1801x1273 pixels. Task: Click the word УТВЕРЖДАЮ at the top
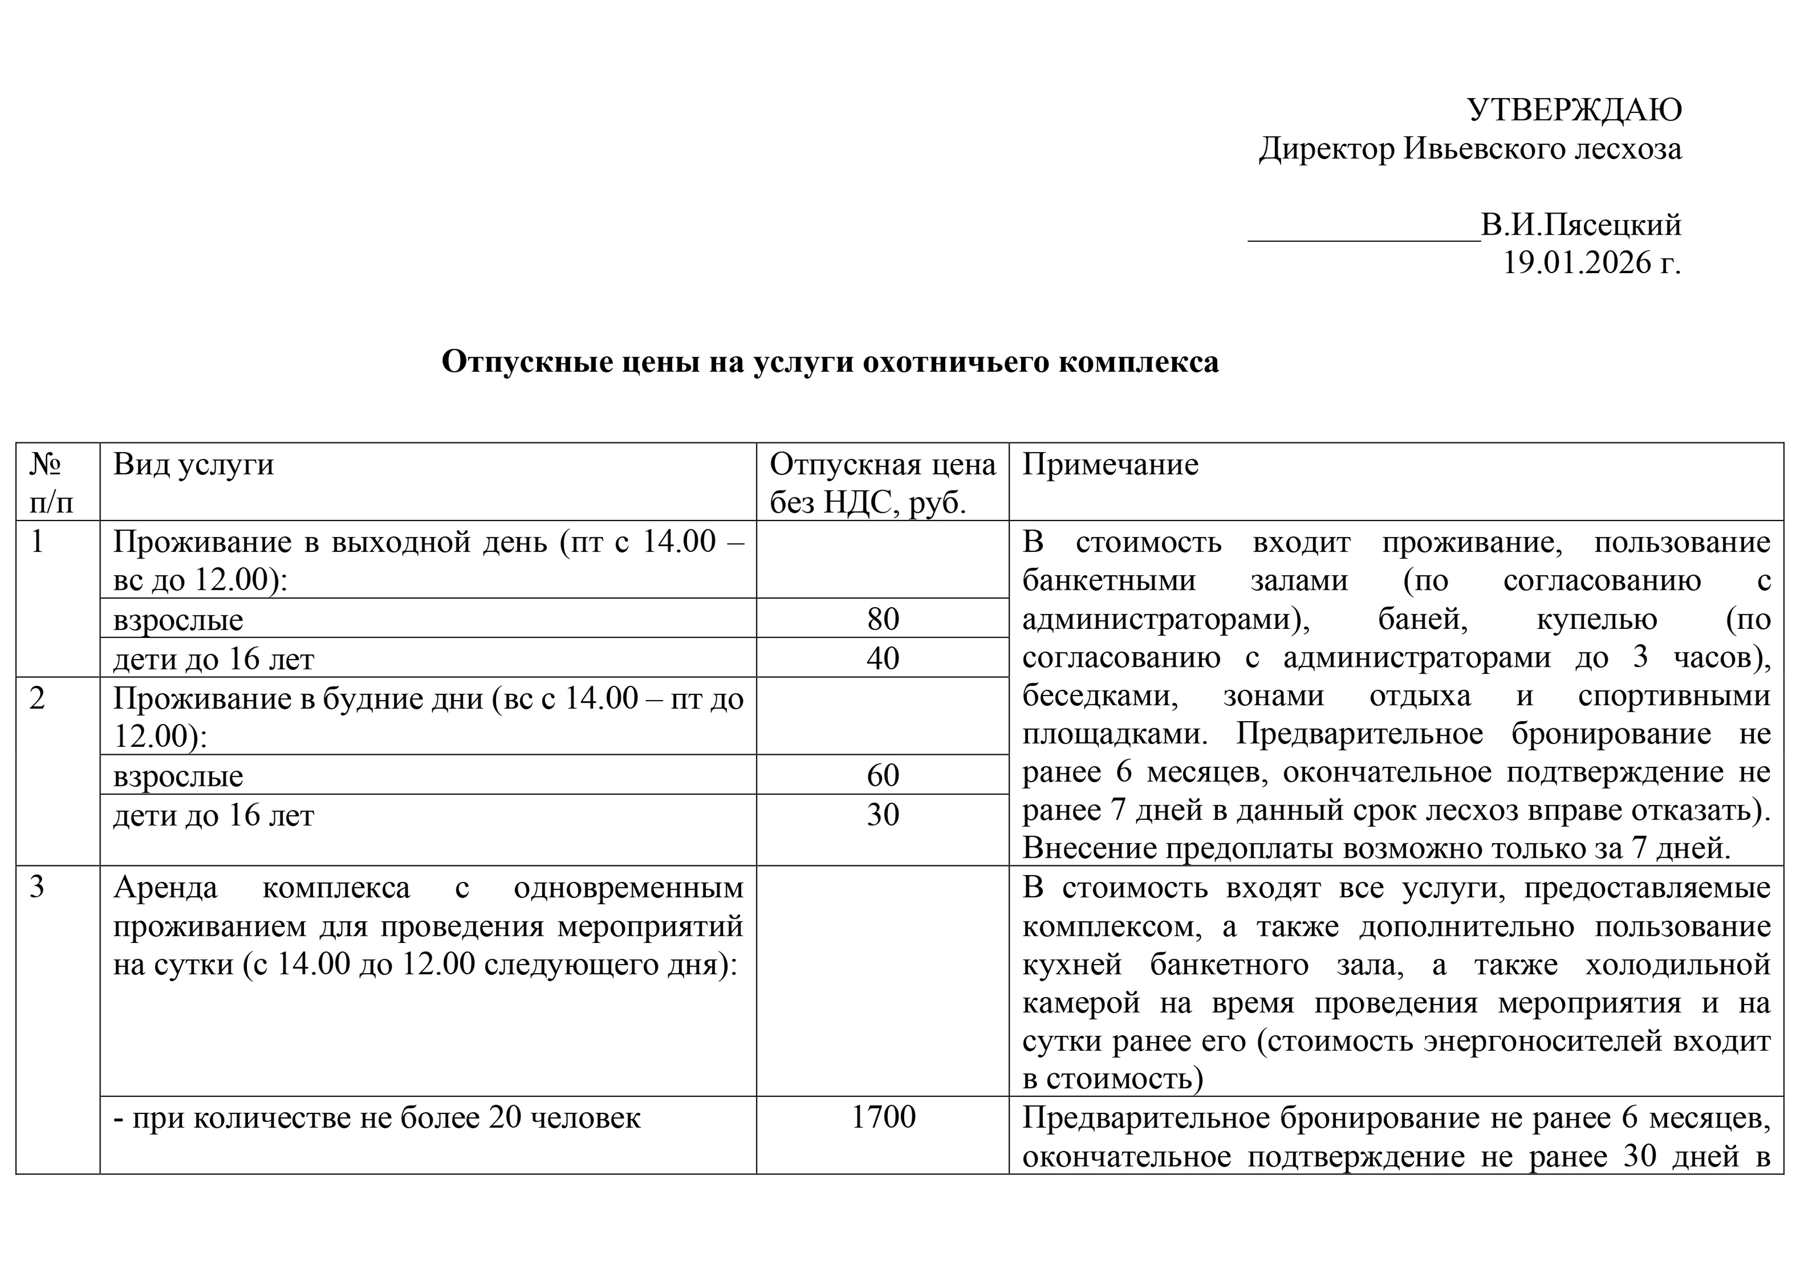[1574, 110]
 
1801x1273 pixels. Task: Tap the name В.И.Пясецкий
[1581, 225]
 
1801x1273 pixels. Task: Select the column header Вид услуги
[193, 465]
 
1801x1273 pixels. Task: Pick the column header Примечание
[1110, 465]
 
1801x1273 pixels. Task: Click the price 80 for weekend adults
[883, 619]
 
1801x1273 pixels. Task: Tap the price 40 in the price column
[883, 658]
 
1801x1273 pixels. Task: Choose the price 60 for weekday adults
[883, 775]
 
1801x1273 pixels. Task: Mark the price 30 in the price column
[883, 814]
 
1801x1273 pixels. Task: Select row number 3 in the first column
[37, 887]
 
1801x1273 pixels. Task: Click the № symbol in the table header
[46, 465]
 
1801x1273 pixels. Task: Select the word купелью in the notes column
[1596, 620]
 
